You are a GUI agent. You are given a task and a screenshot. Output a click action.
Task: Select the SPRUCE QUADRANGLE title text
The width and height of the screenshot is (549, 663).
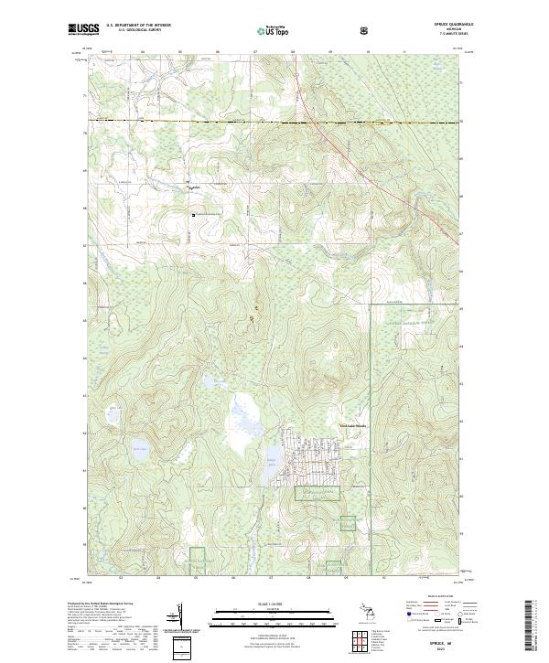pos(435,25)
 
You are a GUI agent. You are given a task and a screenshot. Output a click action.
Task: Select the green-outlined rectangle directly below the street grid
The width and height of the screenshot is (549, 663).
pos(318,493)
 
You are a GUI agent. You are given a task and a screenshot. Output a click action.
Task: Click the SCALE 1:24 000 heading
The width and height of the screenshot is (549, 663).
pos(274,604)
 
